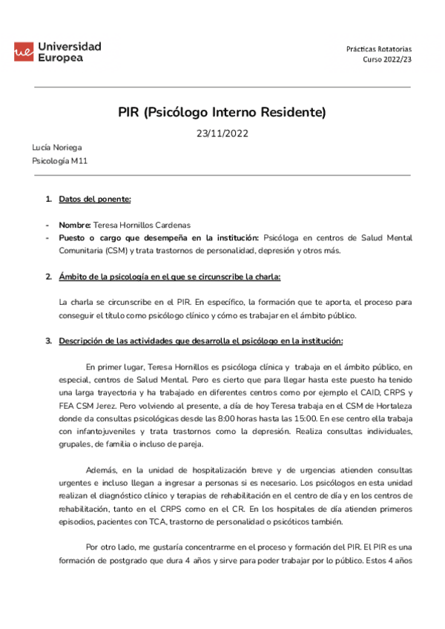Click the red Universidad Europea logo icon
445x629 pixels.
point(23,51)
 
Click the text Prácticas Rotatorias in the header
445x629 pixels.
point(378,47)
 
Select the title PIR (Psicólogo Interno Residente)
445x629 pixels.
point(222,113)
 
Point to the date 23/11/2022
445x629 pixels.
point(222,134)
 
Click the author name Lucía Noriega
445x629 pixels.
point(56,148)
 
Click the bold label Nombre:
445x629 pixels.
point(75,225)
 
